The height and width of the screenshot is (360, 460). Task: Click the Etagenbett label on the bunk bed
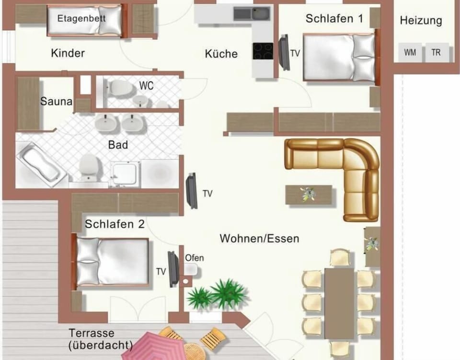coord(81,19)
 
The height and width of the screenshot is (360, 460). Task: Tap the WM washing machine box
coord(410,52)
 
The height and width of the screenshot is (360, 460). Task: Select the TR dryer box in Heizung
coord(437,52)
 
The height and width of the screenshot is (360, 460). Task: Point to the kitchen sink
coord(252,13)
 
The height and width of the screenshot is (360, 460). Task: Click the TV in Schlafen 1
coord(284,53)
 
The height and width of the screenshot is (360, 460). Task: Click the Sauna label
coord(56,101)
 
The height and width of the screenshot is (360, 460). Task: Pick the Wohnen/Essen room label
coord(259,238)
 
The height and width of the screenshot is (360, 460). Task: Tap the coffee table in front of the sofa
coord(309,195)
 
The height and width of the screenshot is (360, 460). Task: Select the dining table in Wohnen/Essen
coord(339,303)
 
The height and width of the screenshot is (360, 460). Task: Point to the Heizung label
coord(421,21)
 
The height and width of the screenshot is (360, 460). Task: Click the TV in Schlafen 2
coord(173,269)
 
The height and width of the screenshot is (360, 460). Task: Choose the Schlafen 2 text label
coord(115,224)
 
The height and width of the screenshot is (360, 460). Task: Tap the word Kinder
coord(68,53)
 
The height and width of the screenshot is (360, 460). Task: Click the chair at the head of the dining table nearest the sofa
coord(340,257)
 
